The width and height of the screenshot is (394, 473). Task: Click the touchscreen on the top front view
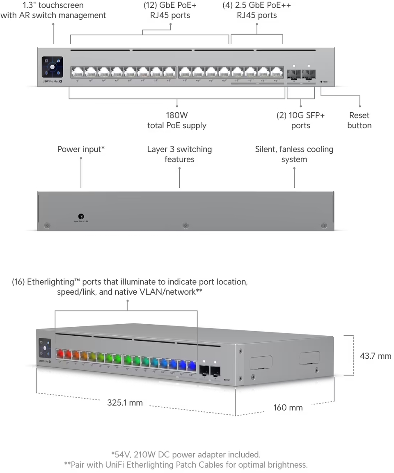(x=53, y=67)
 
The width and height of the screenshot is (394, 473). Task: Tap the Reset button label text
(x=359, y=120)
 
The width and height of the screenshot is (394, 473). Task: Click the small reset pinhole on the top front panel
(x=321, y=81)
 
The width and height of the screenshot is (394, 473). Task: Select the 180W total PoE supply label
(x=177, y=120)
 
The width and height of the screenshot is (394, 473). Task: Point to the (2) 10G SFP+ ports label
(x=300, y=120)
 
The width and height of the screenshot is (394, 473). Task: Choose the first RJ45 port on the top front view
(x=77, y=72)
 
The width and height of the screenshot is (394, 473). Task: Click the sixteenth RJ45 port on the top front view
(x=277, y=72)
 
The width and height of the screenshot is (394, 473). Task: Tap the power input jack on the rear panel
(x=81, y=216)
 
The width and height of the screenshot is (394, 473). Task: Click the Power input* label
(x=81, y=149)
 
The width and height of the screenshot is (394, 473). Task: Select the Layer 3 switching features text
(x=179, y=154)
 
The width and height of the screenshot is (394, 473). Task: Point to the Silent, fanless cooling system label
(x=294, y=154)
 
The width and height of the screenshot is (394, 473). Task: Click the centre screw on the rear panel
(x=186, y=225)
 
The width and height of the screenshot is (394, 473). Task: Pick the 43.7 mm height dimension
(x=375, y=356)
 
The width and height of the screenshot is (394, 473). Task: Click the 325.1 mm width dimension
(x=125, y=403)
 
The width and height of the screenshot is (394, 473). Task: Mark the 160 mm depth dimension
(x=288, y=408)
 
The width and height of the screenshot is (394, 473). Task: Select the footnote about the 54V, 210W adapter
(x=186, y=455)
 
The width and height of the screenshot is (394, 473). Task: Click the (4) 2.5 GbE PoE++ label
(x=257, y=10)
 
